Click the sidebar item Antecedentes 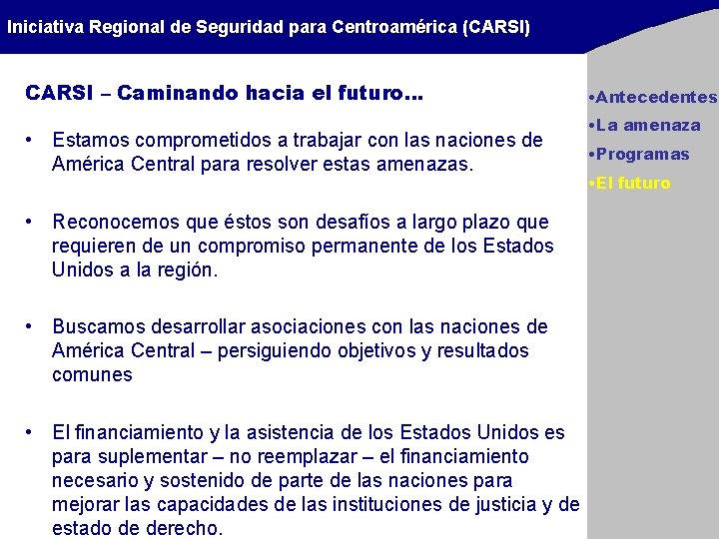click(x=654, y=97)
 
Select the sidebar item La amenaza click(x=648, y=125)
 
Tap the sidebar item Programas click(x=642, y=154)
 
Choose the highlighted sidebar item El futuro click(x=633, y=183)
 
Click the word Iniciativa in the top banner click(x=45, y=27)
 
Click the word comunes click(x=92, y=374)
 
